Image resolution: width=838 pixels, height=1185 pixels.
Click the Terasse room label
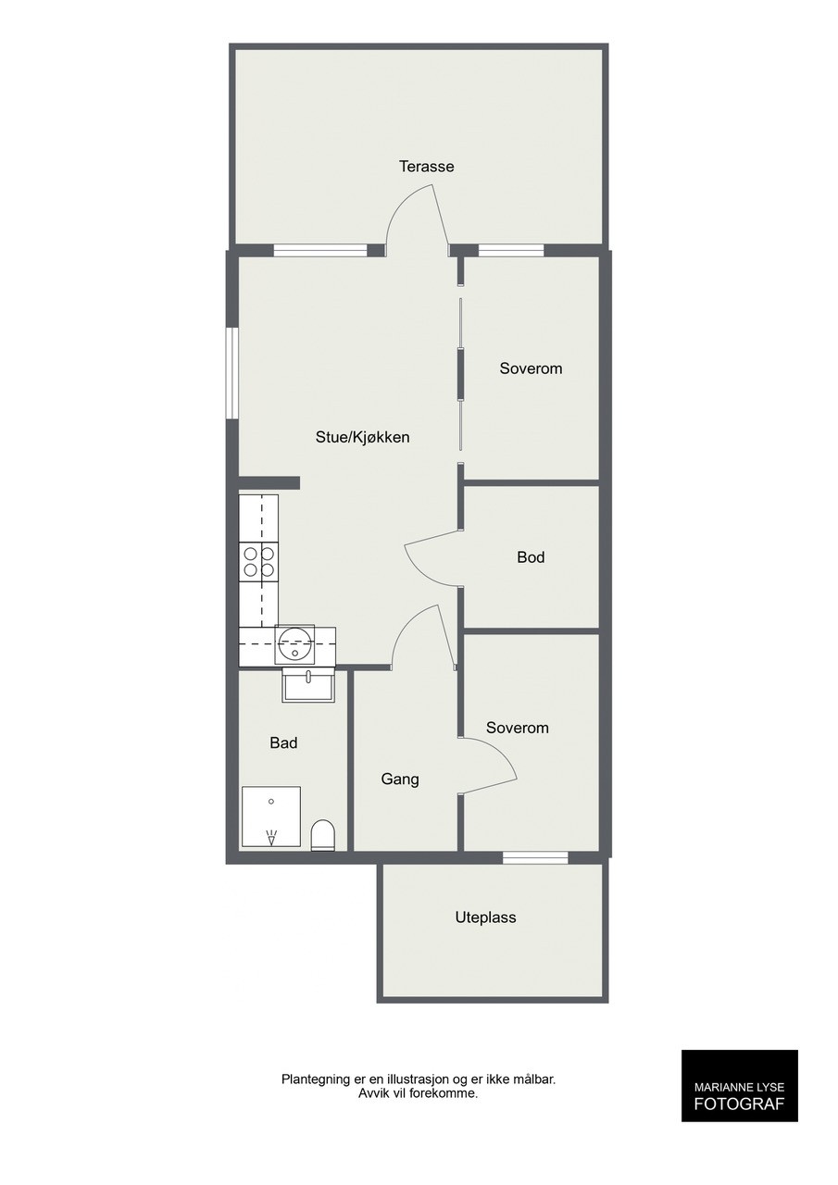(426, 167)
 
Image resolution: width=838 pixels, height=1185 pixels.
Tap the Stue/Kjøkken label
(362, 438)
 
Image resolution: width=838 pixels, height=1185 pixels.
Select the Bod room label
(531, 557)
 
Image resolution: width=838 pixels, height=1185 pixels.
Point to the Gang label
(400, 780)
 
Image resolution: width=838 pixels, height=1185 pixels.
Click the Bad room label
(283, 742)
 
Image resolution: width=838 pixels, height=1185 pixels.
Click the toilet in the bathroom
(323, 835)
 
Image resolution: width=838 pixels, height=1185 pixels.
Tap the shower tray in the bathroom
(271, 817)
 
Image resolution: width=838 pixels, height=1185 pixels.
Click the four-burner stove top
(258, 562)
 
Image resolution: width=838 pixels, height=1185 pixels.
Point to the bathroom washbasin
(308, 685)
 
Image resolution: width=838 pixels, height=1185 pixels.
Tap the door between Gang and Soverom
(488, 766)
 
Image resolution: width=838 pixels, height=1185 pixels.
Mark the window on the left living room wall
(231, 374)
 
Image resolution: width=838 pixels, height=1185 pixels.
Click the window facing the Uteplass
(535, 858)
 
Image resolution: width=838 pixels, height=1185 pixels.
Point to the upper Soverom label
(531, 368)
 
